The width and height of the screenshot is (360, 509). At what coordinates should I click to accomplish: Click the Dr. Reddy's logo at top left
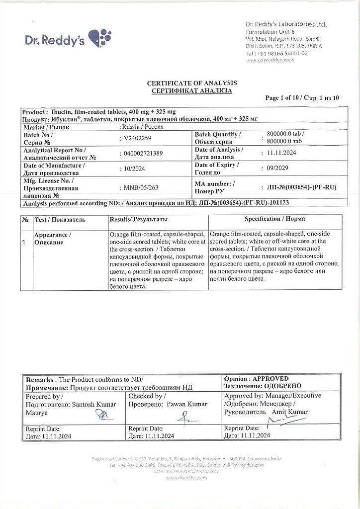[68, 38]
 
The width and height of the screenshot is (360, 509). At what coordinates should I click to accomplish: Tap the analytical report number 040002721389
[144, 153]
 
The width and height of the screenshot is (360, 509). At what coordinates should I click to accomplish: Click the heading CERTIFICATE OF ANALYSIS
[191, 83]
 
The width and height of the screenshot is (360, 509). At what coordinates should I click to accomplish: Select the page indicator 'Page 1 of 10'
[285, 98]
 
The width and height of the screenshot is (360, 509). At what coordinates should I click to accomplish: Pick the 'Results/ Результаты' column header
[139, 219]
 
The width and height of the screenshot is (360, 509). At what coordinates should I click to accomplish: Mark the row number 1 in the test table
[24, 242]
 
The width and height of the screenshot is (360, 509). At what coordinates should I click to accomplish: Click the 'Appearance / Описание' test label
[52, 239]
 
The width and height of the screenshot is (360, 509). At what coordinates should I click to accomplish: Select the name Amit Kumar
[289, 412]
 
